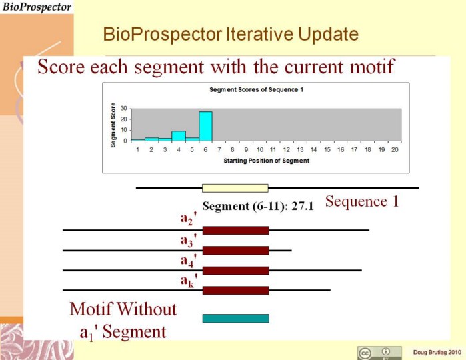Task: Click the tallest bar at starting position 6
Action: coord(205,127)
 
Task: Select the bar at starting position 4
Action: coord(179,136)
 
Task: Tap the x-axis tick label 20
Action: coord(395,149)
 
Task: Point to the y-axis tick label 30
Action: coord(123,109)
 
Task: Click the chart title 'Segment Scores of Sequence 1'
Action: coord(256,89)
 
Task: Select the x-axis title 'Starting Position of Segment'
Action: coord(266,161)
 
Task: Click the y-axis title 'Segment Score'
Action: coord(113,125)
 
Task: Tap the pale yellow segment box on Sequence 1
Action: coord(235,188)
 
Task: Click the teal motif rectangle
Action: coord(236,319)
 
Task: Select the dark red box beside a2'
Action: coord(236,231)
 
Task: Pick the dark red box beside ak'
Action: coord(236,291)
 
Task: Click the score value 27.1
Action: coord(303,206)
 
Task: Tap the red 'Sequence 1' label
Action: coord(362,201)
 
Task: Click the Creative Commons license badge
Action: coord(379,353)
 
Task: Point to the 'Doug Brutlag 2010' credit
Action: coord(437,352)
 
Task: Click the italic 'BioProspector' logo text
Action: coord(37,7)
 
